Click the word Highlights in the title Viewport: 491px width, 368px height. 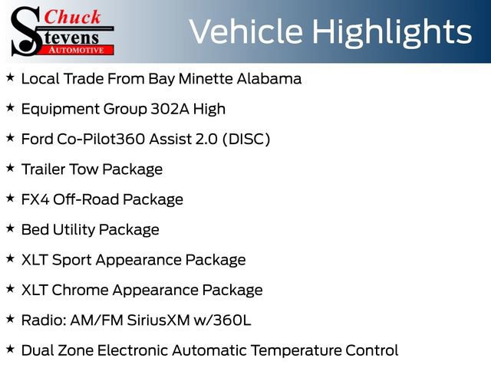(394, 31)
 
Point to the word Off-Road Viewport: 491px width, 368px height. (82, 199)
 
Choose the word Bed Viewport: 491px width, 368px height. (35, 229)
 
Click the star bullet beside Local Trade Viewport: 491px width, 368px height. (10, 77)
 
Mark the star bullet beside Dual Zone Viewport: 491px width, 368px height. (10, 350)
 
